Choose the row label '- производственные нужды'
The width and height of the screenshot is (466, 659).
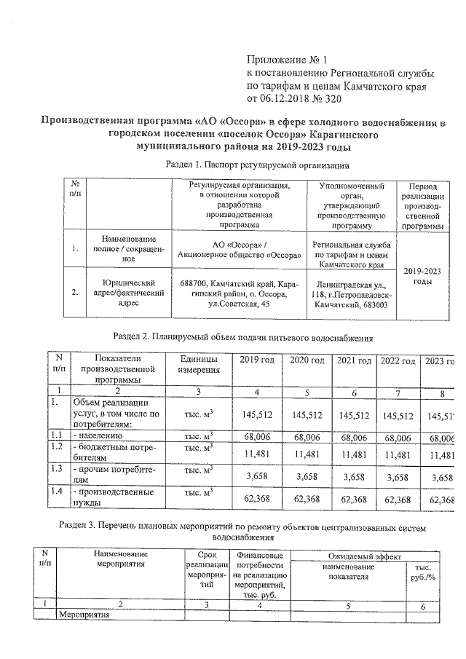101,497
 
